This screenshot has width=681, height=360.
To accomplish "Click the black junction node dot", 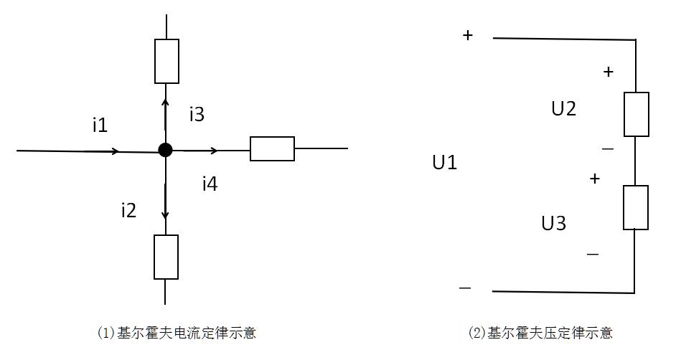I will click(x=166, y=150).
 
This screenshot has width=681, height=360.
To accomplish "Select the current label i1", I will click(x=100, y=125).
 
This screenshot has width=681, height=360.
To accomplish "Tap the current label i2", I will click(x=128, y=210).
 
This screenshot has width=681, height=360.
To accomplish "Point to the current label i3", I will click(x=197, y=113).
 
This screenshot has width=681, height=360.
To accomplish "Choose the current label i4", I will click(x=210, y=184).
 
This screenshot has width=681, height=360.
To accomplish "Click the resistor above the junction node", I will click(x=166, y=61).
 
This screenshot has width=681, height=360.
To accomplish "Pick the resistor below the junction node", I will click(x=166, y=257).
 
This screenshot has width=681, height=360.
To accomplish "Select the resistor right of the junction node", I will click(x=272, y=148).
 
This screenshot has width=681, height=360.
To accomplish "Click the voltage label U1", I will click(x=444, y=163).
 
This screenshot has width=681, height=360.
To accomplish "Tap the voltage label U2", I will click(x=563, y=109).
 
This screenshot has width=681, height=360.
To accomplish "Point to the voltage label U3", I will click(x=553, y=224).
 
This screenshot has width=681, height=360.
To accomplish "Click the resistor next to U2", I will click(x=637, y=114).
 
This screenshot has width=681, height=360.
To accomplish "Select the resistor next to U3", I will click(x=636, y=207).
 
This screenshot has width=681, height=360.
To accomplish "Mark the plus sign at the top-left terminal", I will click(x=468, y=35).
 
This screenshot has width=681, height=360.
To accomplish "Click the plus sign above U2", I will click(x=609, y=72).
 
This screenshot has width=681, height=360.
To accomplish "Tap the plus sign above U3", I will click(x=594, y=179).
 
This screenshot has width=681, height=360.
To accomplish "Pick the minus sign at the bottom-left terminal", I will click(x=465, y=288).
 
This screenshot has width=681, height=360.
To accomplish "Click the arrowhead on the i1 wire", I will click(x=115, y=151).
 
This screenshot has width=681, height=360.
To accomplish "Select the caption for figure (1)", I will click(x=177, y=333).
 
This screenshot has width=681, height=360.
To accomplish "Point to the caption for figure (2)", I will click(x=540, y=333).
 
